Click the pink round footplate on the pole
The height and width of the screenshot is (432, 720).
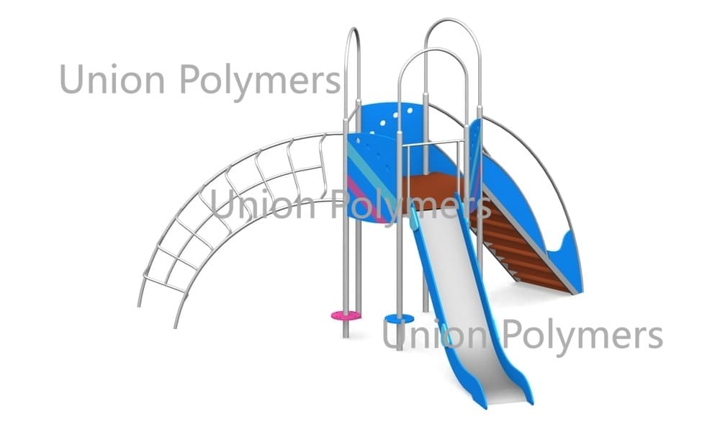point(346,315)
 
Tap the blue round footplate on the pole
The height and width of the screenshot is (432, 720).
point(399,319)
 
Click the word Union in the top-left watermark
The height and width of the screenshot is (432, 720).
point(112,79)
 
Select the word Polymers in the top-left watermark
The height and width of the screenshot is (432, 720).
point(260,81)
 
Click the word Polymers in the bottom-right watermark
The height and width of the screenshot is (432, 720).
point(582,336)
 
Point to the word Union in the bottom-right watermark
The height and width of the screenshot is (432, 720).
point(434,335)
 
